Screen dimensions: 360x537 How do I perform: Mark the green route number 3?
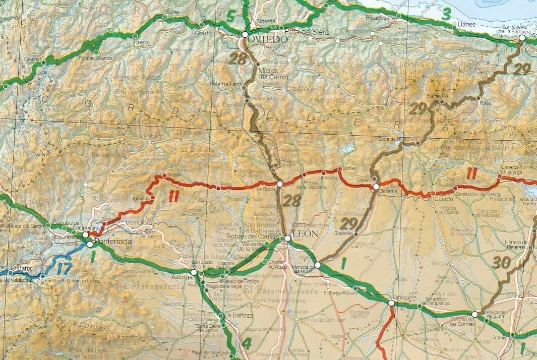pos(446,15)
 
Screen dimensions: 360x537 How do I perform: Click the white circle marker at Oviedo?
pos(245,35)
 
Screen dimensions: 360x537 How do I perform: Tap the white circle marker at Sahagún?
pos(391,303)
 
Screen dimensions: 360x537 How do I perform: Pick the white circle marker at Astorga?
pos(194,272)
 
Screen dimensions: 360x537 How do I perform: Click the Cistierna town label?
pos(387,192)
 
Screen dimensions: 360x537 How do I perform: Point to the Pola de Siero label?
pos(307,32)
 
